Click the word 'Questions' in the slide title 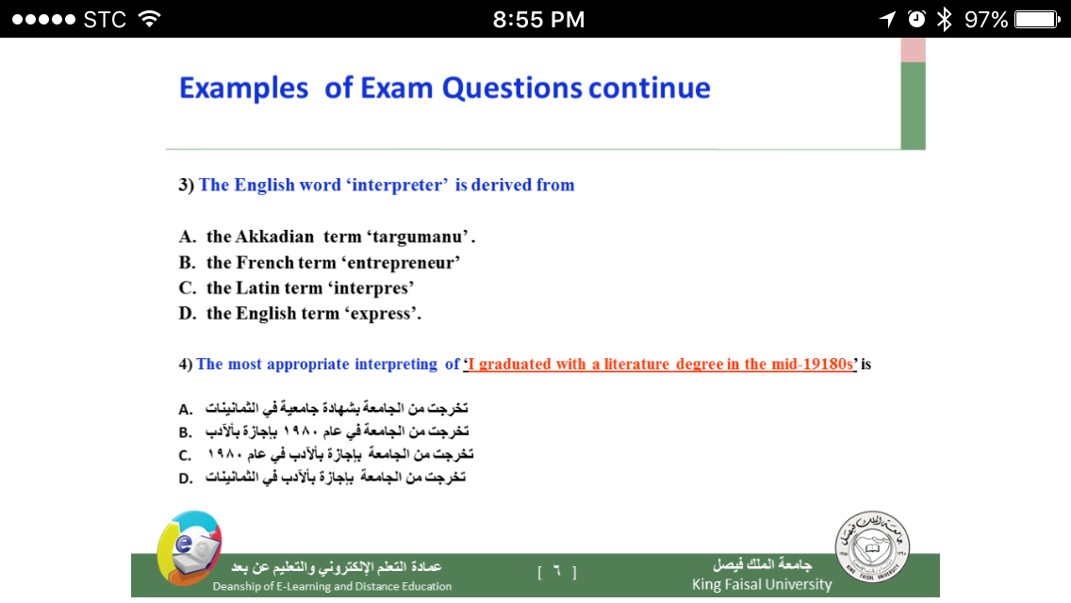512,89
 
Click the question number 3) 187,185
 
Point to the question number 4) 186,364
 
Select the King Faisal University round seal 872,546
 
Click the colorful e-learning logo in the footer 189,548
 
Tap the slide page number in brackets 556,572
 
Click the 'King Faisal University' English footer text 762,584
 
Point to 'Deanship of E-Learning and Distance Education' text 332,586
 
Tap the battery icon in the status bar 1037,19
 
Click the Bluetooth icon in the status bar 945,19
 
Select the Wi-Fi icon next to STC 150,19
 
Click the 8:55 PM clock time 539,19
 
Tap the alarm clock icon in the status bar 916,19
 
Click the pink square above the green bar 914,50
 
